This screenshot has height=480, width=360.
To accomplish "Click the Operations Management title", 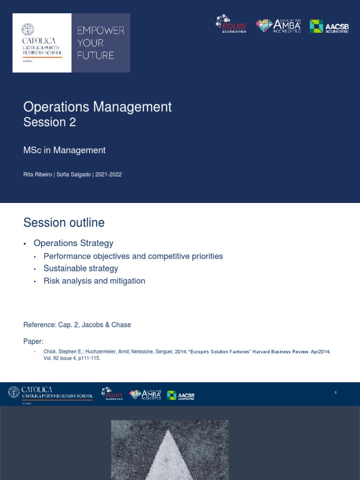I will click(x=97, y=107).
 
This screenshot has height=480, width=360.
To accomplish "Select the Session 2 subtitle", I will click(x=50, y=122).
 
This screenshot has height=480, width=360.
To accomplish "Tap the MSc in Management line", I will click(x=65, y=150).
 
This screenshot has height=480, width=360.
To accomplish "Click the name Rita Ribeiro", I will click(x=37, y=174).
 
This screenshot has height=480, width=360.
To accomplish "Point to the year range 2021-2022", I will click(x=109, y=174).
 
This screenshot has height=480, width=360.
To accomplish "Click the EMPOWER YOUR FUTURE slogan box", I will click(x=101, y=43).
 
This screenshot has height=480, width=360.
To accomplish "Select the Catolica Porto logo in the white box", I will click(x=42, y=43).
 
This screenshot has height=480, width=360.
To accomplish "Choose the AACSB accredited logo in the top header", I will click(x=329, y=26).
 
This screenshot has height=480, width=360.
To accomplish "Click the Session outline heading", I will click(x=64, y=222).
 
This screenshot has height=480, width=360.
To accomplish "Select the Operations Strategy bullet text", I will click(x=74, y=243).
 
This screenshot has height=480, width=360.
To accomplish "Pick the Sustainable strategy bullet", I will click(x=81, y=269).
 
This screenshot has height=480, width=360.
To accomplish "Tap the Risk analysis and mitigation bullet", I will click(x=94, y=281).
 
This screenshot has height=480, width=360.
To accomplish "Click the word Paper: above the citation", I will click(x=33, y=341).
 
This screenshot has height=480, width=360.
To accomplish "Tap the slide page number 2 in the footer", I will click(x=336, y=392).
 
